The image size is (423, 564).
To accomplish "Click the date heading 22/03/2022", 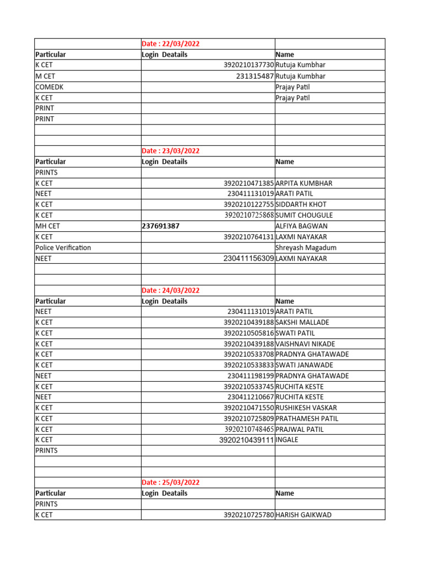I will tap(171, 44).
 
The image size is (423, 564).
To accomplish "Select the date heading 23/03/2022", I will tap(171, 151).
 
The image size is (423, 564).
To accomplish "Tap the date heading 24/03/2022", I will tap(171, 290).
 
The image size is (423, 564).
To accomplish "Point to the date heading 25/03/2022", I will tap(171, 482).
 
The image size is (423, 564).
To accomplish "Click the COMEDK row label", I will tap(50, 87).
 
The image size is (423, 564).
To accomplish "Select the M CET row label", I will tap(45, 76).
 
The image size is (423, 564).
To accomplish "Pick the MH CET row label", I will tap(47, 226).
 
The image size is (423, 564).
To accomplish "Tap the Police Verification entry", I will tap(63, 247).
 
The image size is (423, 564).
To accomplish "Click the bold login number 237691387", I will tap(161, 226).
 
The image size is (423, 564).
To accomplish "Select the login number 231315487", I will tap(254, 76).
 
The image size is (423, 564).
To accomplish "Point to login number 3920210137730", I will tap(248, 65).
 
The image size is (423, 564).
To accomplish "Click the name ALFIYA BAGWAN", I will tap(301, 226).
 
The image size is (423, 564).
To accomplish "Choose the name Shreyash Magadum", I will tap(306, 247).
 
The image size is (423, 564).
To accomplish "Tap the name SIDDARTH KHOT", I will tap(301, 204).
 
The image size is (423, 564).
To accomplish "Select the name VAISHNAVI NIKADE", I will tap(306, 344).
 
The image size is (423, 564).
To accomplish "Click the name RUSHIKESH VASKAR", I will tap(306, 408).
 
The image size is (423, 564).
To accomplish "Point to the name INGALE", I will tap(287, 440).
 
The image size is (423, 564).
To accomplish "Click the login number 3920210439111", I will tap(246, 440).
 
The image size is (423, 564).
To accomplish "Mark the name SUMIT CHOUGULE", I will tap(304, 215).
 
